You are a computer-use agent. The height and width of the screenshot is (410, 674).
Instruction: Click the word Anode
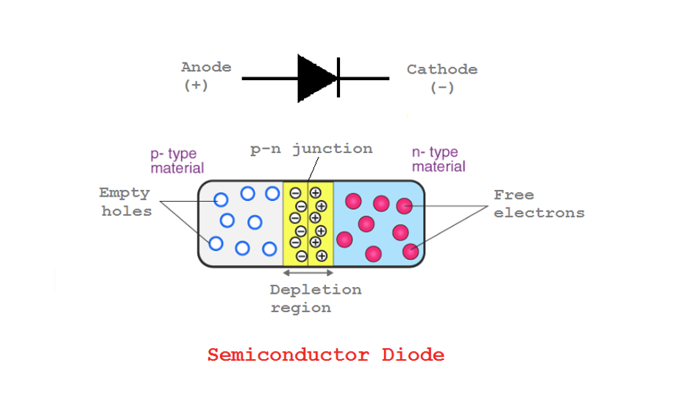coord(206,67)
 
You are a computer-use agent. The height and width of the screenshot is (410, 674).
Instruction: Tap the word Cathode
coord(441,69)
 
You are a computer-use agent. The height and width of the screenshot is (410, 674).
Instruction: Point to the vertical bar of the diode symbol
coord(338,77)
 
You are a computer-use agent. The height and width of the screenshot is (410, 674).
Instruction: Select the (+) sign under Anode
coord(196,85)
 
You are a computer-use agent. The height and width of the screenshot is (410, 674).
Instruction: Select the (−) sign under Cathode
coord(441,88)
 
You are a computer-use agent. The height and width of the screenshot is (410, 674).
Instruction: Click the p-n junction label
coord(311,149)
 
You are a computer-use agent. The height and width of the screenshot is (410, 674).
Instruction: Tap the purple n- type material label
coord(438,159)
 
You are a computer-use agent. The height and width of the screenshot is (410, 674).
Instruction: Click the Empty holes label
coord(125,202)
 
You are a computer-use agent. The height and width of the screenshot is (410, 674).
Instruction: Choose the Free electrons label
coord(539,204)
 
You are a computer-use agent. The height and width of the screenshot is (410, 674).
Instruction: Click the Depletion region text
coord(315,298)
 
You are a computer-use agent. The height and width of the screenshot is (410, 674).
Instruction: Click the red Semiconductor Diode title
coord(325,355)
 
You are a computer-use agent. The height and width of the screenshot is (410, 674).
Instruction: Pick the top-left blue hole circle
coord(221,199)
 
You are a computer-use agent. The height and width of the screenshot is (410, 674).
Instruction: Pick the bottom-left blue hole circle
coord(216,244)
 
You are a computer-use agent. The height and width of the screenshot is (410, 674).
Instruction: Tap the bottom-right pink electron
coord(411,252)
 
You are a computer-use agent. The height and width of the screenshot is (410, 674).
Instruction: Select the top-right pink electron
coord(404,205)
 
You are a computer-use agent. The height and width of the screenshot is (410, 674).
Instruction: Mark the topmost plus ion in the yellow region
coord(315,193)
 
